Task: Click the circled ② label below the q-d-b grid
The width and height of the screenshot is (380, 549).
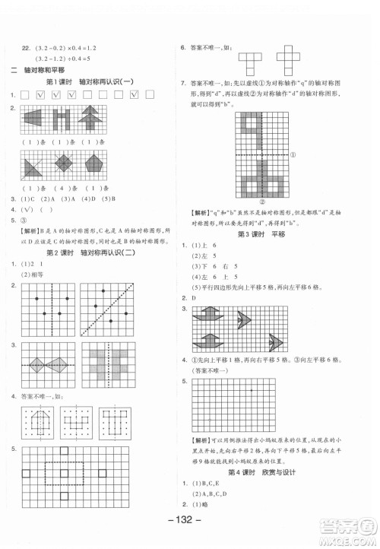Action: [262, 203]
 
